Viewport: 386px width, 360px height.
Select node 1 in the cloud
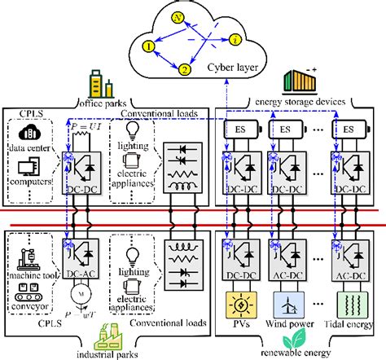pyautogui.click(x=148, y=48)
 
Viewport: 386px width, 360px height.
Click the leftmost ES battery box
pyautogui.click(x=242, y=128)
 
